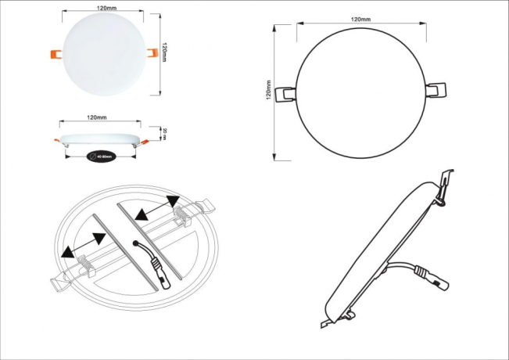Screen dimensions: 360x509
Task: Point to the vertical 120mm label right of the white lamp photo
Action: point(164,52)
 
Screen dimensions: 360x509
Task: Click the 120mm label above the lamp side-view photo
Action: point(96,118)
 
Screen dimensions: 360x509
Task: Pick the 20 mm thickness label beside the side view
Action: point(164,132)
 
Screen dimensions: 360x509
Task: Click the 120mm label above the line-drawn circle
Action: point(360,18)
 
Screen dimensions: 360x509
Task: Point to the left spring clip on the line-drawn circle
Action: point(287,92)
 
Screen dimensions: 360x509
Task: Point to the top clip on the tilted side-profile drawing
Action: point(446,185)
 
